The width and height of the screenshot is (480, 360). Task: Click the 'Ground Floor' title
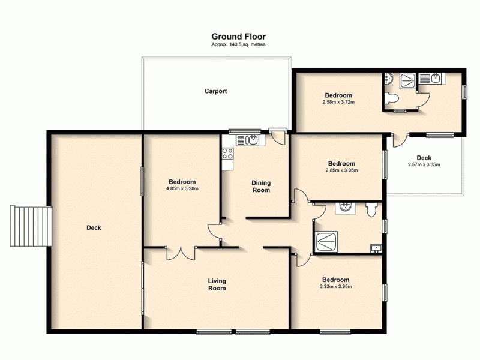[x=238, y=37]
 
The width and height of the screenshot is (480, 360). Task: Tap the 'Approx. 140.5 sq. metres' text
[x=238, y=45]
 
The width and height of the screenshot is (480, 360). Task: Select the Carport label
[x=215, y=91]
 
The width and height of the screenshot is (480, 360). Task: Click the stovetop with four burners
[x=228, y=154]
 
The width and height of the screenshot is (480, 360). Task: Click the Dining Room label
[x=260, y=187]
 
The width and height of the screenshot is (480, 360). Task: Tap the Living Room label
[x=217, y=284]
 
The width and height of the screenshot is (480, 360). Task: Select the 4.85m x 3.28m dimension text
[x=182, y=188]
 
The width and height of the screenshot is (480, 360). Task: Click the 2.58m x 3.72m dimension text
[x=338, y=102]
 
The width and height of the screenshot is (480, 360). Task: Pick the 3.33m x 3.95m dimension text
[x=335, y=286]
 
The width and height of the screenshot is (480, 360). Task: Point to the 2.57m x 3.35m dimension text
[x=424, y=164]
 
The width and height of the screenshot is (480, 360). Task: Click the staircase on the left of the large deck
[x=29, y=226]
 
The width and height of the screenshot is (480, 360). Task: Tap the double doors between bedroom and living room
[x=181, y=253]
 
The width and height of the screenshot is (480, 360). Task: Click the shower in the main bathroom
[x=326, y=241]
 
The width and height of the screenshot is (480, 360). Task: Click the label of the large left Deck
[x=94, y=227]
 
